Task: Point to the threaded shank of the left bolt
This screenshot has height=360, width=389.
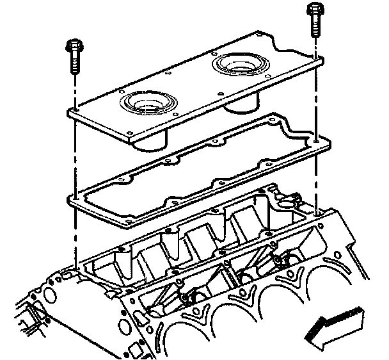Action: [73, 63]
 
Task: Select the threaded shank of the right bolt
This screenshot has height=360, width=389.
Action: [315, 28]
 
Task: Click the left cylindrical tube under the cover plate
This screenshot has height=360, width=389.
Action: [151, 142]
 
